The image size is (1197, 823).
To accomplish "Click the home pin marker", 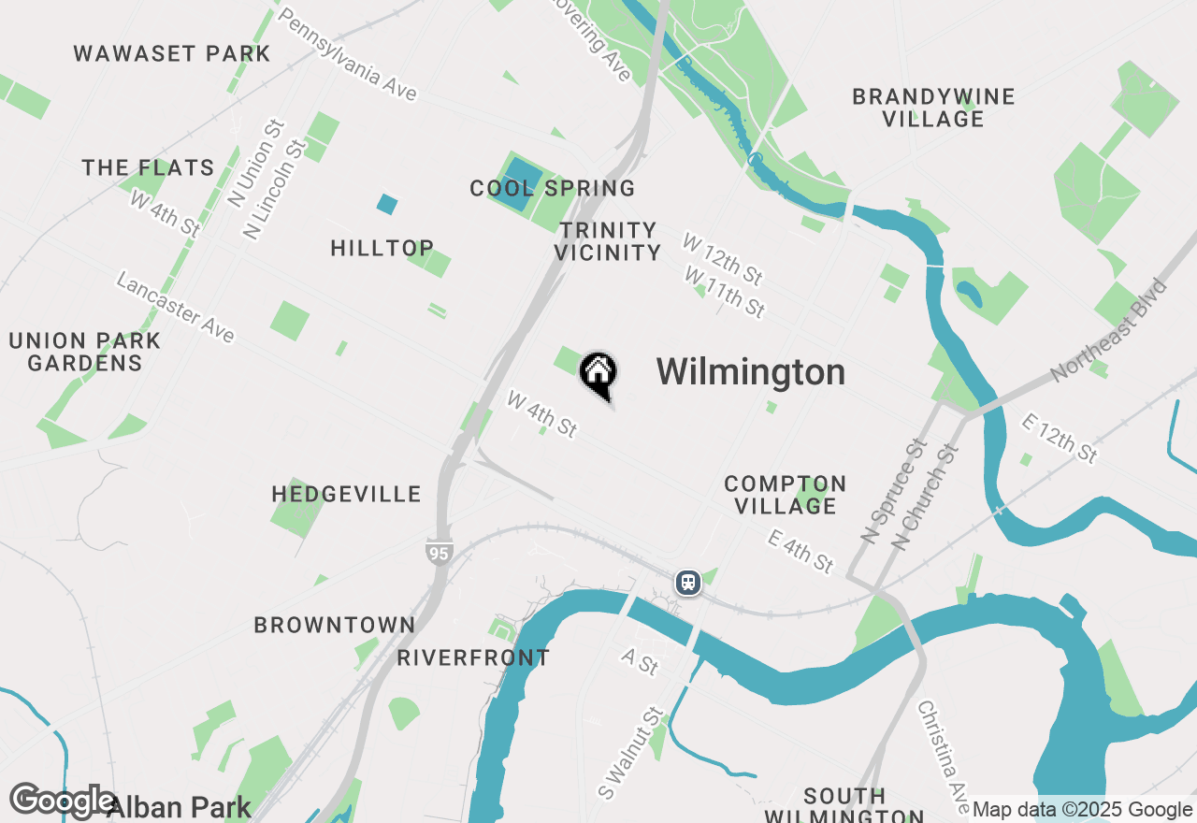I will (598, 374).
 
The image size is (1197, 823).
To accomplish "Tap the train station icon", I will (688, 583).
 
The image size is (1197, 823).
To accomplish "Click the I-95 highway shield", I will (439, 552).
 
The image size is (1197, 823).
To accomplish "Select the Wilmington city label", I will (750, 372).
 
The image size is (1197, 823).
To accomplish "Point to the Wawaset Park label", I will (172, 53).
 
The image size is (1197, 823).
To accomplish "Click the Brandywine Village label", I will (933, 108).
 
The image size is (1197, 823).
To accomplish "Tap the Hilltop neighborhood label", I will (382, 248).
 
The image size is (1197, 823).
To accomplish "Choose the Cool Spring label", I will (553, 188).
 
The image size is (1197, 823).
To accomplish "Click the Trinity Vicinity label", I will (608, 240).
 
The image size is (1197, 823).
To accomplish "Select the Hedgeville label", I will (347, 494).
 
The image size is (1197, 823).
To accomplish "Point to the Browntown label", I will (335, 625).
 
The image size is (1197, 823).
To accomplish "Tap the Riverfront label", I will (473, 657).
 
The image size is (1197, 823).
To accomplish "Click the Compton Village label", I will (786, 495).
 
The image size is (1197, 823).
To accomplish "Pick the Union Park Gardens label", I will (85, 352).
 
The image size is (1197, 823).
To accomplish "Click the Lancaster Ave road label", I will (175, 307).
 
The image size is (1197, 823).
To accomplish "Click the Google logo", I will (62, 801).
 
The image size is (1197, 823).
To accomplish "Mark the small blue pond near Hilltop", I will (386, 204).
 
